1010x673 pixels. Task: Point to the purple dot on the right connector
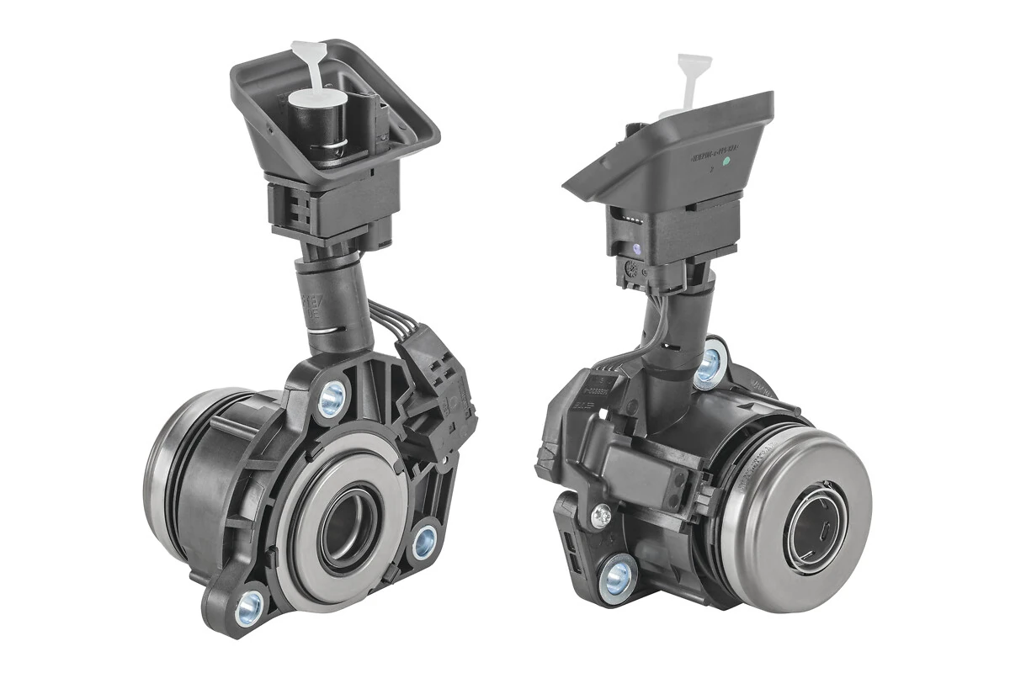coord(636,249)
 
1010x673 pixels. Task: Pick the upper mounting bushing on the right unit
coord(709,364)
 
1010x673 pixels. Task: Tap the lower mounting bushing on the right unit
coord(619,577)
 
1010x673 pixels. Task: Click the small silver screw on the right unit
coord(601,515)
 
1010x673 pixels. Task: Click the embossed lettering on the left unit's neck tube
coord(313,307)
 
